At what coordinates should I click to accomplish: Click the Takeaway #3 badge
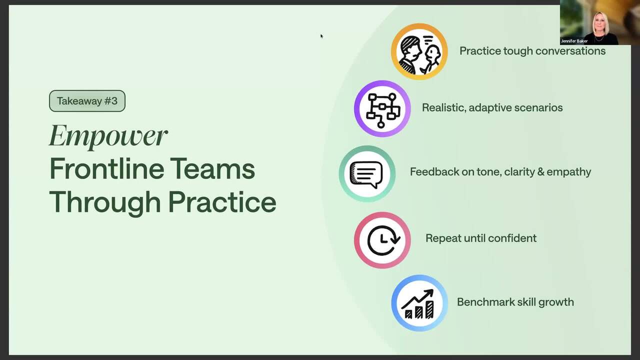point(87,101)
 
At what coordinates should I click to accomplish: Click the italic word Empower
point(108,136)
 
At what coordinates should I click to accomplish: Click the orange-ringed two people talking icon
point(419,51)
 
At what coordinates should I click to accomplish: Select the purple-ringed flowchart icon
point(382,108)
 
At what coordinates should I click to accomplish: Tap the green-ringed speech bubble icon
point(367,174)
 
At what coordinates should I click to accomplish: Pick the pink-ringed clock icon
point(382,240)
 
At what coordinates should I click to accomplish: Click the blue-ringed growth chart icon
point(419,303)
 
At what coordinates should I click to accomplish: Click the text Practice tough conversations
point(532,51)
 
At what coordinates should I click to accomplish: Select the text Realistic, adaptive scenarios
point(492,107)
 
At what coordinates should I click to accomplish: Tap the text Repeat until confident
point(481,238)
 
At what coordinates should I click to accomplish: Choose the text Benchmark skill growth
point(515,302)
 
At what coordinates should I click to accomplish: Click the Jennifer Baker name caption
point(574,41)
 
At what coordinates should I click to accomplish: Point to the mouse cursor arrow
point(321,36)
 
